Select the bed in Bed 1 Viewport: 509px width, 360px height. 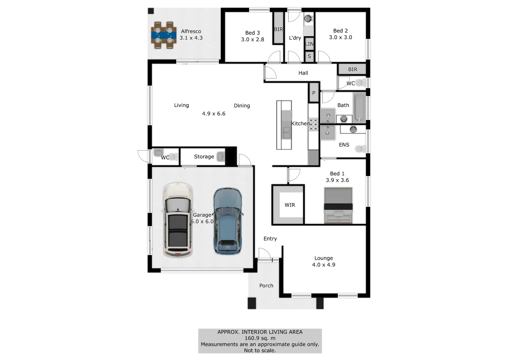tap(338, 205)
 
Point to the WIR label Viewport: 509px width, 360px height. tap(289, 205)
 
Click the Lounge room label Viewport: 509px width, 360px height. tap(323, 258)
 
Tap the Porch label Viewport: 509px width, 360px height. tap(266, 286)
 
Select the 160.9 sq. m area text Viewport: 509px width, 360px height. tap(260, 338)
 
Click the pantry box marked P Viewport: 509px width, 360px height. tap(313, 93)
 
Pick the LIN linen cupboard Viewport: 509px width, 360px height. tap(309, 44)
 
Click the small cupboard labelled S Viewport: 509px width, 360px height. tap(309, 56)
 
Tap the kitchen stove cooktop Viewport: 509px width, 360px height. tap(313, 124)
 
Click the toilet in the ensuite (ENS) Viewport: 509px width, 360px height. tap(359, 149)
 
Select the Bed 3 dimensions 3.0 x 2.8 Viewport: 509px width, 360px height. tap(253, 39)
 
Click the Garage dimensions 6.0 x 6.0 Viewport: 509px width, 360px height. tap(202, 221)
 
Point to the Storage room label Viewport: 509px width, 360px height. tap(204, 156)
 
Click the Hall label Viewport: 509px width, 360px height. tap(303, 73)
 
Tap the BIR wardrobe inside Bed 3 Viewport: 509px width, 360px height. tap(278, 29)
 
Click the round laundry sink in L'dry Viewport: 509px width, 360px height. tap(308, 18)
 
